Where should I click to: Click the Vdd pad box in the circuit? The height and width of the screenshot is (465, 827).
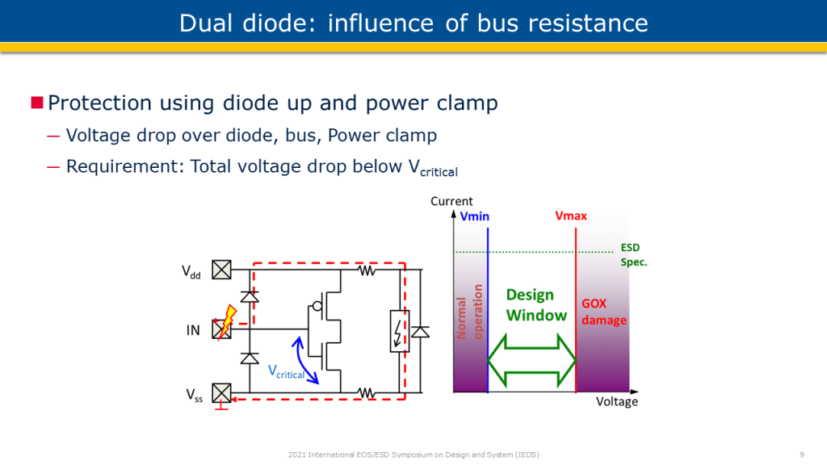pyautogui.click(x=221, y=270)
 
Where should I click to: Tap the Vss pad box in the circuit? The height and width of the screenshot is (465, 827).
pyautogui.click(x=221, y=393)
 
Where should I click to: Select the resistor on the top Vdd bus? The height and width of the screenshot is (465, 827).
pyautogui.click(x=367, y=270)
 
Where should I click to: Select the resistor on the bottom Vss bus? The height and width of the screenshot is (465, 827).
pyautogui.click(x=367, y=393)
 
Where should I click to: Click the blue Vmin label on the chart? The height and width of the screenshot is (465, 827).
pyautogui.click(x=475, y=216)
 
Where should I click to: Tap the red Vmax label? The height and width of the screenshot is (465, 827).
pyautogui.click(x=571, y=216)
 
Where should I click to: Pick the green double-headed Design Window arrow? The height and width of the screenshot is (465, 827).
pyautogui.click(x=531, y=360)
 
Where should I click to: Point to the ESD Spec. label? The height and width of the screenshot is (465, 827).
pyautogui.click(x=633, y=255)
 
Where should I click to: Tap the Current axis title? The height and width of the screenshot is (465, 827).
pyautogui.click(x=451, y=201)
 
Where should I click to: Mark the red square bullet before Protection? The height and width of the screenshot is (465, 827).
pyautogui.click(x=36, y=103)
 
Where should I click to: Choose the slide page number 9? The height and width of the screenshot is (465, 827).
pyautogui.click(x=800, y=455)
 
